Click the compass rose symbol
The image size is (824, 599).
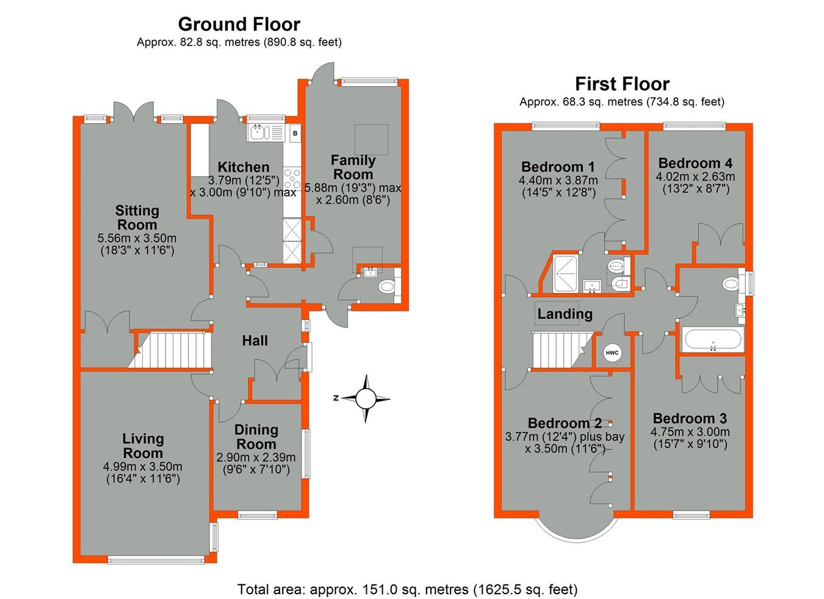coord(365,399)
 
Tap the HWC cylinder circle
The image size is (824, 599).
coord(612,352)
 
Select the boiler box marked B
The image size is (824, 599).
coord(295,133)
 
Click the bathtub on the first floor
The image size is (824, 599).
coord(712,340)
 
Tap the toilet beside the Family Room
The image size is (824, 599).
coord(387,286)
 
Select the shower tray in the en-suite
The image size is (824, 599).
coord(568,274)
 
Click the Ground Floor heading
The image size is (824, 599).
coord(239,24)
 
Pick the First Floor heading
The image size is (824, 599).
coord(622,84)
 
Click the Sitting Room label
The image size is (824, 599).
coord(137,217)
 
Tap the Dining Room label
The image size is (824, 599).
coord(256,437)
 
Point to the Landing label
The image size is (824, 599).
coord(565,314)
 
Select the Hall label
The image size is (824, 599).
coord(255,341)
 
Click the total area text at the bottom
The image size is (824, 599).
coord(407,589)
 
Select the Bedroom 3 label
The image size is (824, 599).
coord(690,418)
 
